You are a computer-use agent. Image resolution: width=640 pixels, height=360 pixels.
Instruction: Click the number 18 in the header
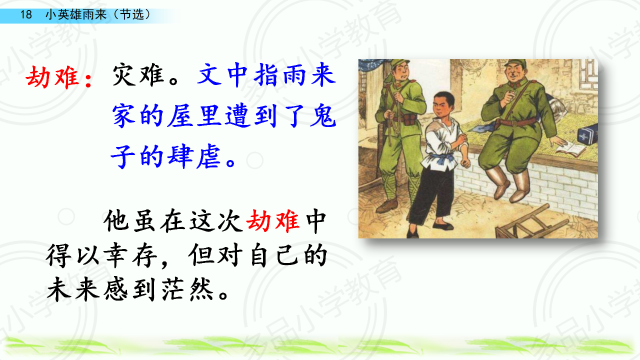[25, 14]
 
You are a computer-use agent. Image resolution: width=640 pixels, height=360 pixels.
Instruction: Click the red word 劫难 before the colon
[52, 76]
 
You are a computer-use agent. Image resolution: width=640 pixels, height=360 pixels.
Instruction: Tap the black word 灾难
[138, 75]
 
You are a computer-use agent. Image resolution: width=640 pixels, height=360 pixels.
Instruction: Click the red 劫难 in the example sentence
[273, 221]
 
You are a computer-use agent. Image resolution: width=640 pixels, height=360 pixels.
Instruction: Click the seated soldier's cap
[515, 63]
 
